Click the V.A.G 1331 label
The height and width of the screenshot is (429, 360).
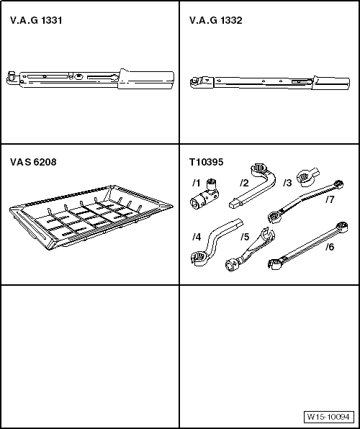36,21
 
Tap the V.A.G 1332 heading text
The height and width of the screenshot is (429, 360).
216,21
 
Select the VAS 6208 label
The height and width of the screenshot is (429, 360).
33,162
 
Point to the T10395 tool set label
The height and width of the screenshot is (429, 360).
207,162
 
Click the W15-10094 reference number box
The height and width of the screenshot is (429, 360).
328,417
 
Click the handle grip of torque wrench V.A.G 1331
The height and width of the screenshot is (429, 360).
146,80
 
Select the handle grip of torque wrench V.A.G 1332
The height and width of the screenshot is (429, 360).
331,82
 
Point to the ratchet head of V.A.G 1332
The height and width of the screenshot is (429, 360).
197,82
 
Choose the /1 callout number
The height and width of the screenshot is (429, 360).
197,183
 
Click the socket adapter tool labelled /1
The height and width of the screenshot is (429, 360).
204,195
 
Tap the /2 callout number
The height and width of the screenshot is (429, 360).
244,183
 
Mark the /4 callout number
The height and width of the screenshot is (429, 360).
197,237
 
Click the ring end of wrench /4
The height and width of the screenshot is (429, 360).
199,258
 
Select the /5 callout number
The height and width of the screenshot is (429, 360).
245,237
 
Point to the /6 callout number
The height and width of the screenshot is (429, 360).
330,247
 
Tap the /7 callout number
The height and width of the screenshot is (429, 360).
330,199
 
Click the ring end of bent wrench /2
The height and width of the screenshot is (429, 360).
258,169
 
